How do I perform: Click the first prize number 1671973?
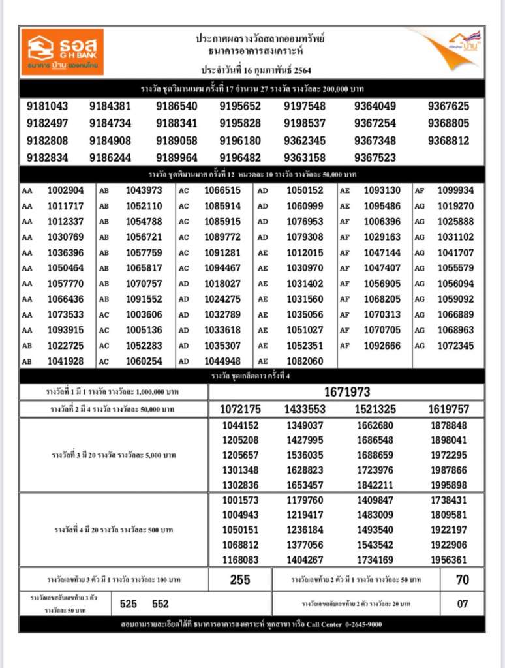[346, 392]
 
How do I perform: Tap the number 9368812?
[448, 140]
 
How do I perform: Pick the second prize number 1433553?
[305, 409]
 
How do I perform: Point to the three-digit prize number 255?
[241, 579]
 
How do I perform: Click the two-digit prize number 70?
[462, 579]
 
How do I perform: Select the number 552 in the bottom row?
[161, 604]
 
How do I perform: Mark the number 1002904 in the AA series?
[65, 190]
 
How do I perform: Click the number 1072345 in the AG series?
[455, 346]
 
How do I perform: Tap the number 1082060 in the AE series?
[305, 361]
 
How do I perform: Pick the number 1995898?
[448, 485]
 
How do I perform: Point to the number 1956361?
[448, 560]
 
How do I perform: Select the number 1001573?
[241, 500]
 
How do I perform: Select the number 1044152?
[241, 425]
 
